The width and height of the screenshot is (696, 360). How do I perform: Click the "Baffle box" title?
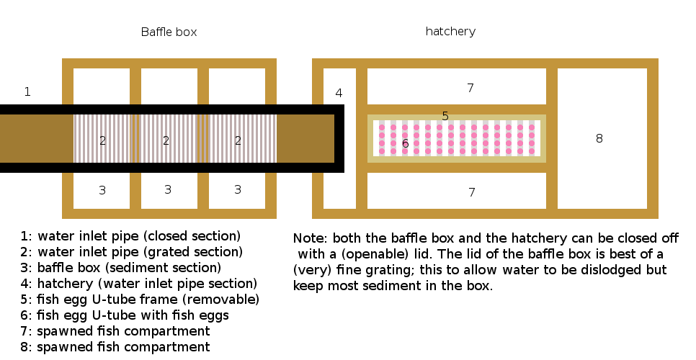pyautogui.click(x=169, y=32)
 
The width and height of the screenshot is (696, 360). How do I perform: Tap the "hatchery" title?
pyautogui.click(x=450, y=32)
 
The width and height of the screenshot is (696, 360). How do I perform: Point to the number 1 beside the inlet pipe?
pyautogui.click(x=27, y=91)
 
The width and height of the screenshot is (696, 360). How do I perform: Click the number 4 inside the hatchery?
pyautogui.click(x=339, y=93)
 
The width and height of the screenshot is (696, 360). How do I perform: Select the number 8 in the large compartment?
pyautogui.click(x=599, y=138)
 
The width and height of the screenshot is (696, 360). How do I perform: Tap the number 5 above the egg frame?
pyautogui.click(x=445, y=116)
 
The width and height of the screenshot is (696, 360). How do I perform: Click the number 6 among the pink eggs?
pyautogui.click(x=406, y=143)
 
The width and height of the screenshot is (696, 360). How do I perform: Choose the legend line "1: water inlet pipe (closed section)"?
pyautogui.click(x=130, y=236)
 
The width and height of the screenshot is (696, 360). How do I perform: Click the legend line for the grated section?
pyautogui.click(x=131, y=252)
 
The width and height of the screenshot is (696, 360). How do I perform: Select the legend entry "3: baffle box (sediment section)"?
pyautogui.click(x=130, y=268)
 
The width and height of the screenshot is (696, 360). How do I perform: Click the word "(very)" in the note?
pyautogui.click(x=311, y=270)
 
